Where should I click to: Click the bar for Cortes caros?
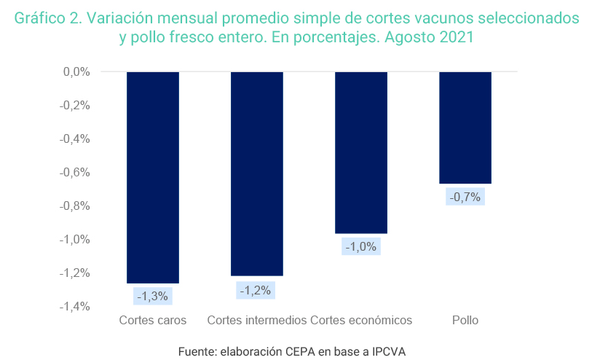tap(153, 177)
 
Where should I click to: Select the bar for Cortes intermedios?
tap(257, 173)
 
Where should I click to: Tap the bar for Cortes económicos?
tap(361, 152)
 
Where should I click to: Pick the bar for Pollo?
tap(465, 128)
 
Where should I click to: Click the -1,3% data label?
tap(153, 296)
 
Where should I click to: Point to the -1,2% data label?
tap(257, 290)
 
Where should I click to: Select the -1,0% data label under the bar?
tap(361, 246)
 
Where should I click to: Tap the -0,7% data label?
tap(465, 197)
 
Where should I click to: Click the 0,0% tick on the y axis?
tap(76, 72)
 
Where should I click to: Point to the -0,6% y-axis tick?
tap(74, 173)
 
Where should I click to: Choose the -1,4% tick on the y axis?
tap(74, 307)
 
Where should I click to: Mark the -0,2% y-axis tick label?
tap(74, 106)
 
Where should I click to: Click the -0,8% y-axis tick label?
tap(74, 206)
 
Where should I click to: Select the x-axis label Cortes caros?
tap(153, 321)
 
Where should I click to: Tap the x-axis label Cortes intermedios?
tap(257, 321)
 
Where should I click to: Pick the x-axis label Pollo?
tap(465, 321)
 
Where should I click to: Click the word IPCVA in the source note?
tap(390, 351)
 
